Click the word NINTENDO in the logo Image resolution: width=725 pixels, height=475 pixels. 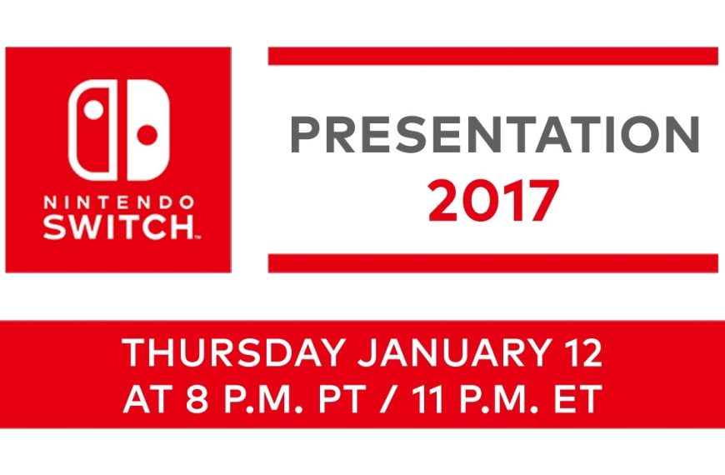click(117, 202)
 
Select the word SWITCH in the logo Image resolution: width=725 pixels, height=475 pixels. click(117, 227)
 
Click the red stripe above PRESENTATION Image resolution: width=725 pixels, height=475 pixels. click(492, 56)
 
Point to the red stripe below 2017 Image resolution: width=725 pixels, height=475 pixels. click(492, 262)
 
